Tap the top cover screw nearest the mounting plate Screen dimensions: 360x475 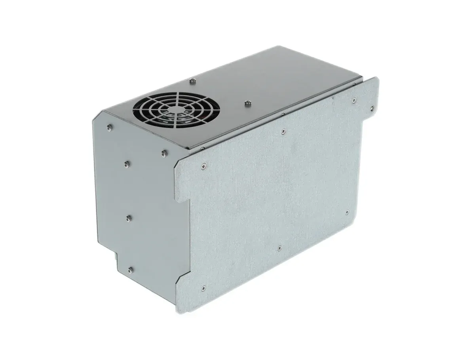pyautogui.click(x=248, y=104)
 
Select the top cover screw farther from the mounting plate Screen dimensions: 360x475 pyautogui.click(x=192, y=81)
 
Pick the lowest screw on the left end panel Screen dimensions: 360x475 pyautogui.click(x=130, y=270)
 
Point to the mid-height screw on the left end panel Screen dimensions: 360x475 pyautogui.click(x=128, y=217)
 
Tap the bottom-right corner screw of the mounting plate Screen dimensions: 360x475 pyautogui.click(x=347, y=213)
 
